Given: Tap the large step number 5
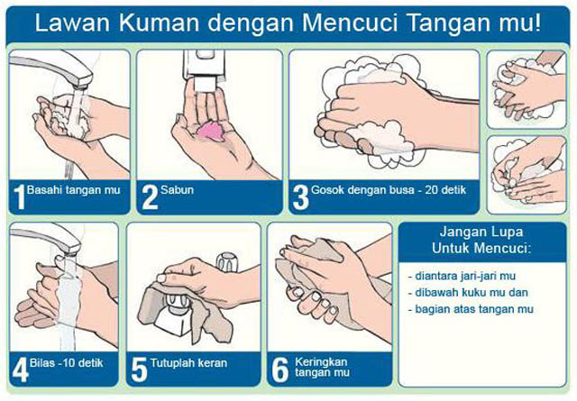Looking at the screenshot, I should pos(139,369).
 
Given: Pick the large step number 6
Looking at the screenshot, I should pos(279,369).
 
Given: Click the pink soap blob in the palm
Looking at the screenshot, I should pos(212,128).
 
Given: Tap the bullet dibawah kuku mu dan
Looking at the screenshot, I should pos(467,292).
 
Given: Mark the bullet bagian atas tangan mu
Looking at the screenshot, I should pos(469,309).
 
